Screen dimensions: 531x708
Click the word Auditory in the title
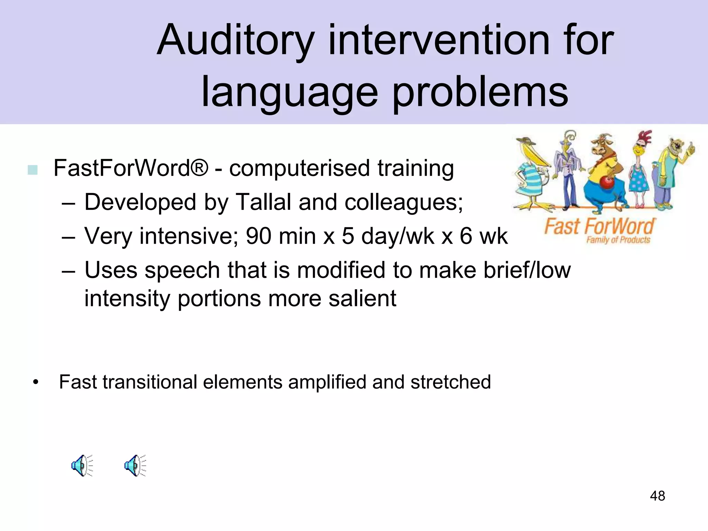pos(235,41)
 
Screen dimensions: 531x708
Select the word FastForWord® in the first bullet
pos(131,168)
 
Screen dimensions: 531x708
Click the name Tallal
pos(263,202)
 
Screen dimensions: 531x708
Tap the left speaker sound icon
pos(82,466)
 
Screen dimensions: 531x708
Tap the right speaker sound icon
pos(135,466)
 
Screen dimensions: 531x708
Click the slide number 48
pos(657,496)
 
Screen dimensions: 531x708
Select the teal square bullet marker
pos(32,170)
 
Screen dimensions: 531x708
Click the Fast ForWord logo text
pos(599,227)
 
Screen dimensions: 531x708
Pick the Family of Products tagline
pos(618,240)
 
